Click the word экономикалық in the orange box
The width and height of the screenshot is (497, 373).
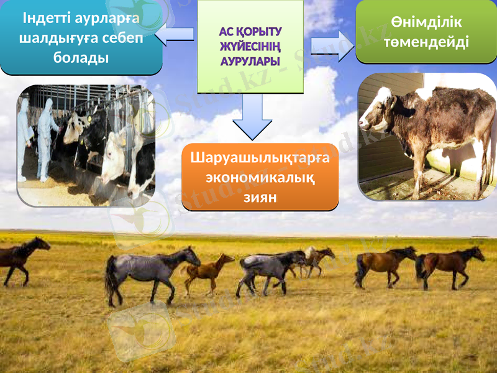pos(260,178)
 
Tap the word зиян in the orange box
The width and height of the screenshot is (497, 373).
pos(260,198)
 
